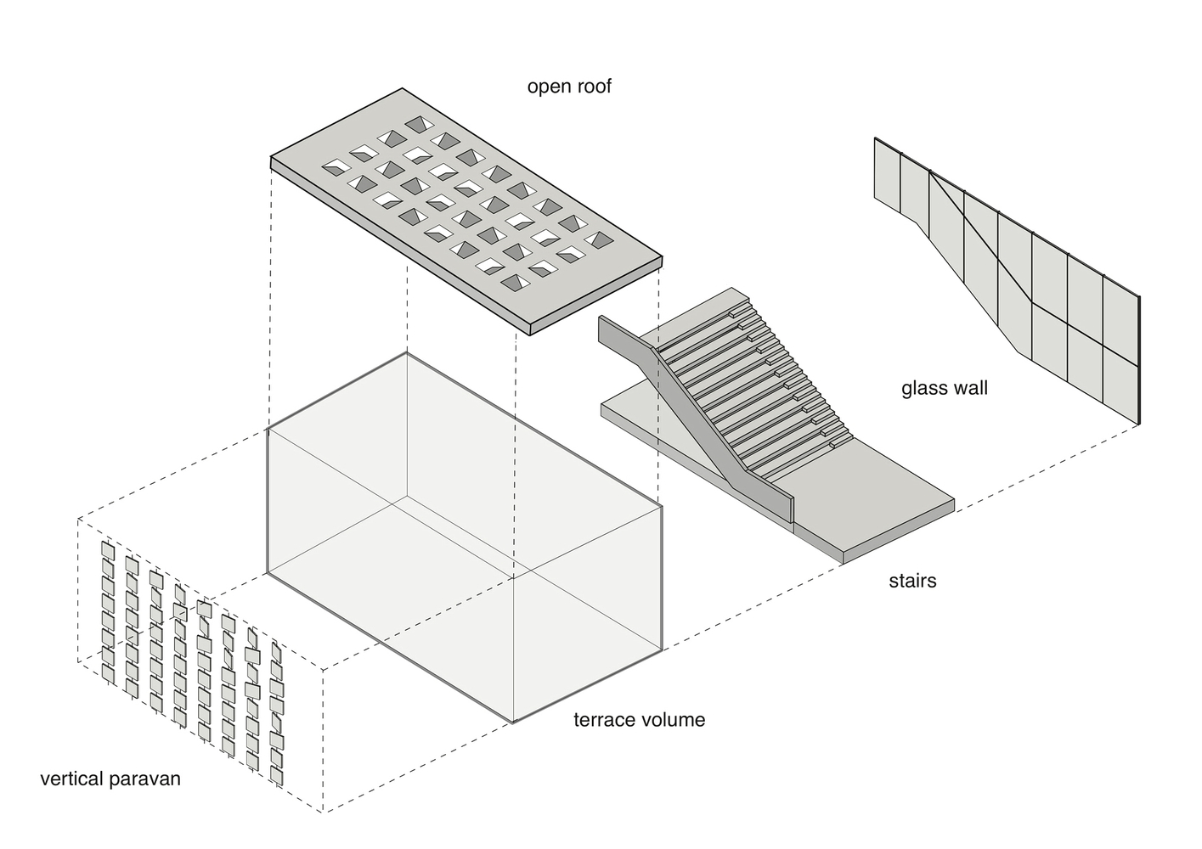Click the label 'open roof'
click(x=569, y=87)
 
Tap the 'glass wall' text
click(x=945, y=388)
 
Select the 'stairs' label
click(x=913, y=581)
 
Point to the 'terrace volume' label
click(x=639, y=720)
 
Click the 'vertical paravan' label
click(x=110, y=779)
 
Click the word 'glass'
click(x=921, y=389)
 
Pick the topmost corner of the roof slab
click(x=403, y=88)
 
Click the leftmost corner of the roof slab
click(x=270, y=157)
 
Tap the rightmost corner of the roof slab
click(x=663, y=257)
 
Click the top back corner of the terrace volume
click(x=407, y=352)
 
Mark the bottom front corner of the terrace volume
click(x=514, y=722)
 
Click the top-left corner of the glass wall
click(x=875, y=138)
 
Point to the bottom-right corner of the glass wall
click(x=1138, y=424)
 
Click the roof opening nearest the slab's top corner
click(x=419, y=125)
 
